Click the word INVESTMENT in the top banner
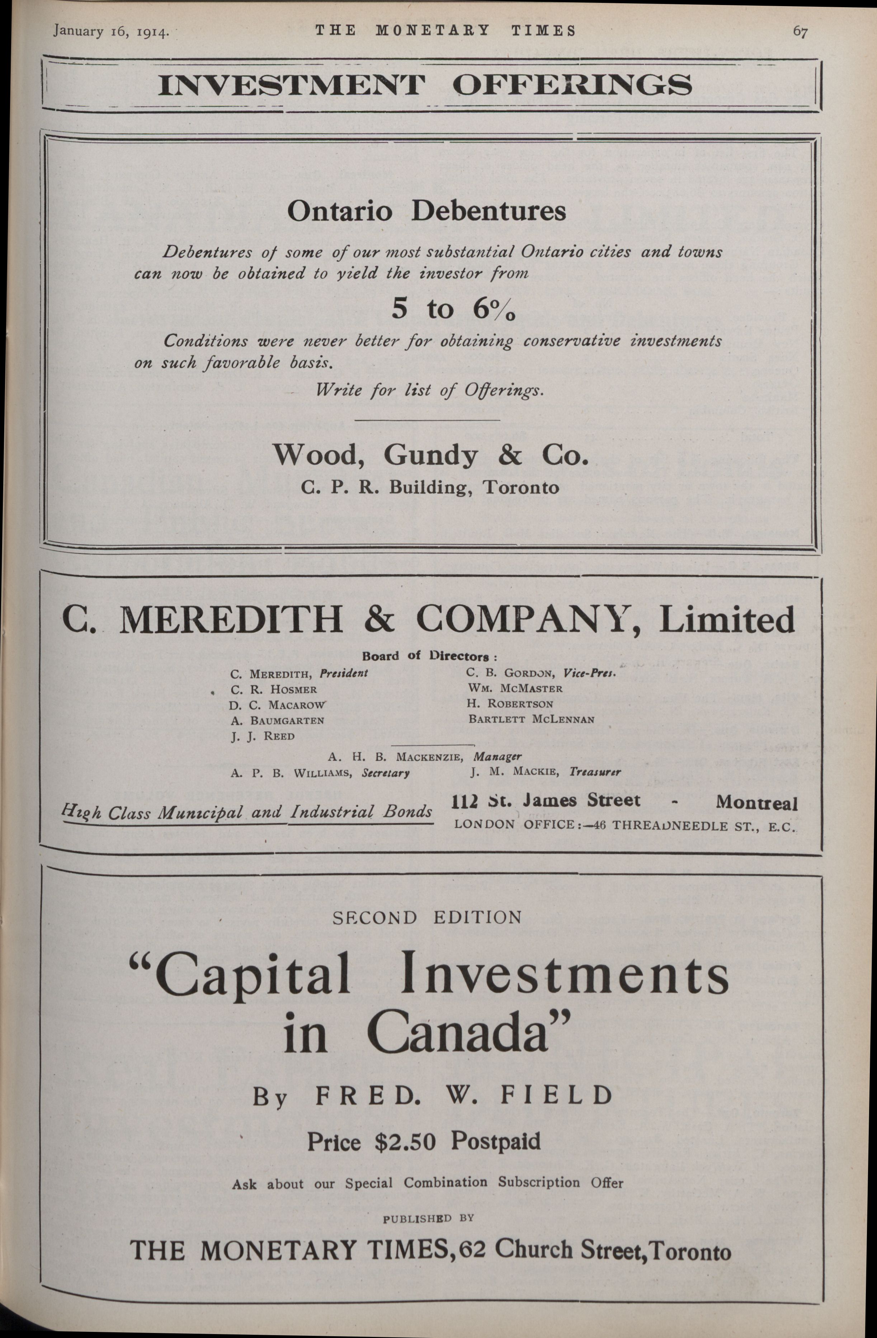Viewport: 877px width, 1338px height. [292, 85]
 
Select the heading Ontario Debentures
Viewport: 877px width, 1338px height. [427, 211]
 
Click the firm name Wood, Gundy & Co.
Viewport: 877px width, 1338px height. [431, 455]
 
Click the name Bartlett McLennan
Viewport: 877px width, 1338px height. [531, 719]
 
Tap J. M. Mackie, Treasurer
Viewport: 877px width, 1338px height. [545, 772]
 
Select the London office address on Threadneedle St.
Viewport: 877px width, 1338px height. [624, 825]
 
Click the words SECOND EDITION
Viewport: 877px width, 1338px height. [427, 918]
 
